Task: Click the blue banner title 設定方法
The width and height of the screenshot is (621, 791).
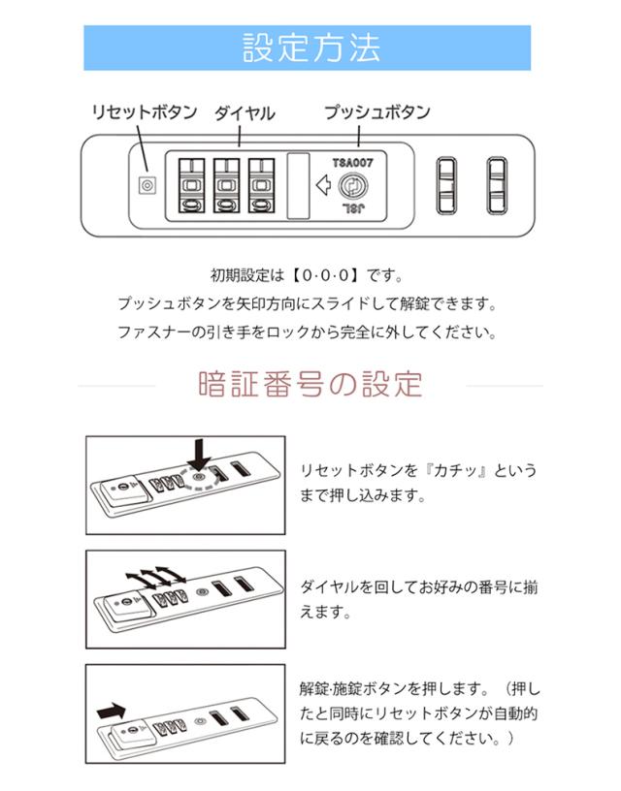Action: [311, 47]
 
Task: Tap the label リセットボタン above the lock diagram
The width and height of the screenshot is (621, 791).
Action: [145, 112]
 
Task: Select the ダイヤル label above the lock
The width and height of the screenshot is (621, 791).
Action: [245, 113]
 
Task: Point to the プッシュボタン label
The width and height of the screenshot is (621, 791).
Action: [377, 112]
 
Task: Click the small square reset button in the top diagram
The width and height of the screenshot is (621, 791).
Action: [147, 185]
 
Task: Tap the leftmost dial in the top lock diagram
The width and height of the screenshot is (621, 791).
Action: [191, 185]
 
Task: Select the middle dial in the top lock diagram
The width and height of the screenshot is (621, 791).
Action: [226, 185]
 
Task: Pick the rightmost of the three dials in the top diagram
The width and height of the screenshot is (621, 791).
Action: [261, 185]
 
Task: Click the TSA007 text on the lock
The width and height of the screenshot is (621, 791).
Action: [352, 163]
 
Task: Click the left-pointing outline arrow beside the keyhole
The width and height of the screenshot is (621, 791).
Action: [323, 185]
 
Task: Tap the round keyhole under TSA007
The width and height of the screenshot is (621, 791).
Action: [352, 186]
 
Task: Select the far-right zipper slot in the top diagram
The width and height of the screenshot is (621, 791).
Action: [497, 185]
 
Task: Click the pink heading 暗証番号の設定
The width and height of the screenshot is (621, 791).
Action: [310, 385]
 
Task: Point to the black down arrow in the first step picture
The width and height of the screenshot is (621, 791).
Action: [200, 454]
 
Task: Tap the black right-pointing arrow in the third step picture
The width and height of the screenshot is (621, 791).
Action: [111, 712]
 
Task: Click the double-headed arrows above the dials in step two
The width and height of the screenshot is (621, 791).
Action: [155, 577]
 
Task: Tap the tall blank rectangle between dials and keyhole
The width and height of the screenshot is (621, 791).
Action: [298, 186]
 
